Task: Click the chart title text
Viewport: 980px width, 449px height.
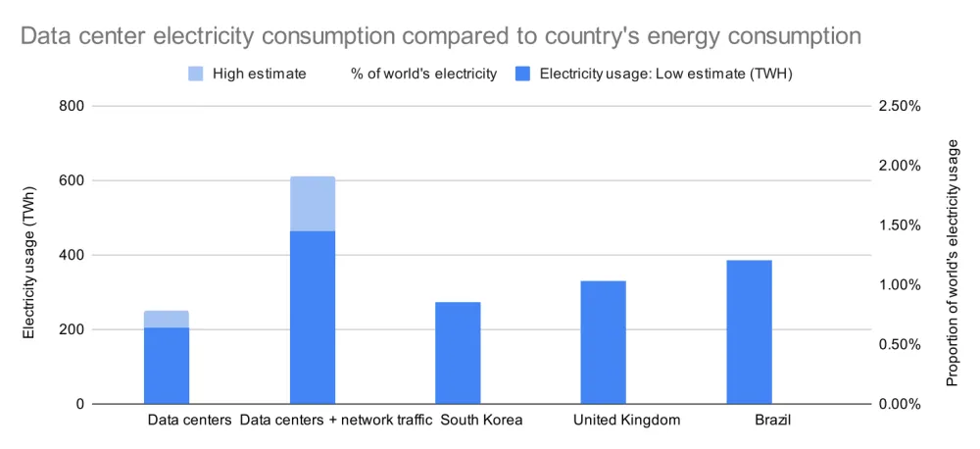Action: click(440, 36)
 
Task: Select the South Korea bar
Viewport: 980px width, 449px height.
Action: click(458, 353)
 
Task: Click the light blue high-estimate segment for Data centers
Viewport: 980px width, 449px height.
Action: click(167, 320)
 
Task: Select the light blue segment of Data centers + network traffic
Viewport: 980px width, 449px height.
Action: click(313, 204)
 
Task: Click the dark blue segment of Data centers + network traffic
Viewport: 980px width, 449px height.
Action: click(313, 318)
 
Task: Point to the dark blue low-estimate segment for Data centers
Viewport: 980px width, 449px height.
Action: click(167, 366)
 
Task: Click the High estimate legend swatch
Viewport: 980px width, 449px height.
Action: click(196, 74)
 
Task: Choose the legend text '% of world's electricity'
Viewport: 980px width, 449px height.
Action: click(423, 74)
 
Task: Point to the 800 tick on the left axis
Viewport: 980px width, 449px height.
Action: click(73, 106)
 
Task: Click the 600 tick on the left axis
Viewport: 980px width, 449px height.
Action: click(73, 180)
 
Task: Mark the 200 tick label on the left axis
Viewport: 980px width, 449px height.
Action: click(73, 329)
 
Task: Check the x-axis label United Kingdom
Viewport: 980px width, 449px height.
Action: click(626, 421)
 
